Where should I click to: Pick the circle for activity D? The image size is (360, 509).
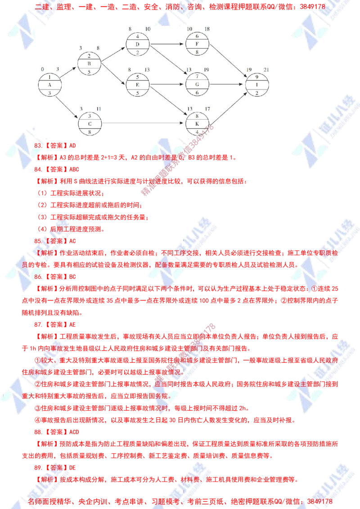[x=137, y=44]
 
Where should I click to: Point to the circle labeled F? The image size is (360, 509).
[x=197, y=44]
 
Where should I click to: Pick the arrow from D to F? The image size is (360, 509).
[x=167, y=44]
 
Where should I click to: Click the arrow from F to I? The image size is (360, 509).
[x=227, y=64]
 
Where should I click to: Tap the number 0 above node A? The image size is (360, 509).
[x=42, y=70]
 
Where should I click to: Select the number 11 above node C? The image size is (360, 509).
[x=98, y=109]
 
